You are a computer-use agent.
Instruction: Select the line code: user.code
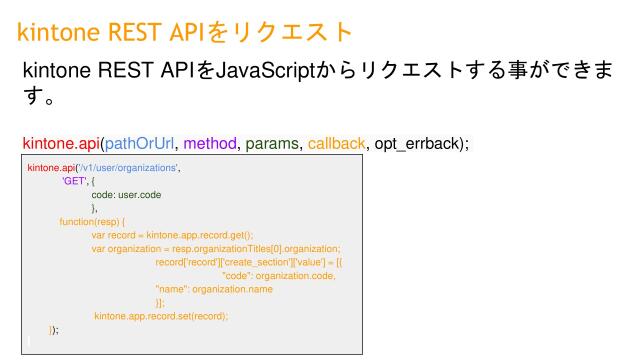coord(125,195)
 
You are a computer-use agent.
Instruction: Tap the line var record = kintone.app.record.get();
coord(172,235)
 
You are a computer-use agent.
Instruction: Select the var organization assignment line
coord(216,248)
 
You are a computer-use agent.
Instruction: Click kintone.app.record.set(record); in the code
coord(162,316)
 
